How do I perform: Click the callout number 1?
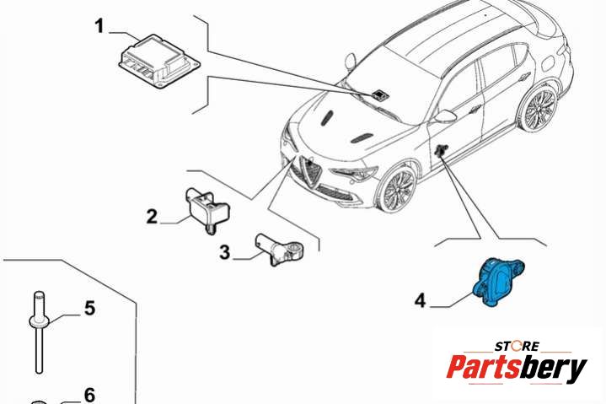click(x=99, y=27)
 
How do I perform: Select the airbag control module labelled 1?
click(x=158, y=61)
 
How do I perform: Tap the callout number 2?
click(x=152, y=217)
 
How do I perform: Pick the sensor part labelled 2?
click(x=206, y=210)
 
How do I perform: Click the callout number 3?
click(x=224, y=252)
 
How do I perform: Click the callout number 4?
click(x=420, y=300)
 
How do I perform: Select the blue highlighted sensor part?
click(x=497, y=283)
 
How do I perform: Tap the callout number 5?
click(x=89, y=309)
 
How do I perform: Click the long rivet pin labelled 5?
click(x=39, y=332)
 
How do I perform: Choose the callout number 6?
click(x=89, y=395)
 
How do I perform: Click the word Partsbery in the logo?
click(x=517, y=367)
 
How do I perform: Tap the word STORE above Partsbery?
click(x=517, y=346)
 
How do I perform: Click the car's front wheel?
click(x=398, y=188)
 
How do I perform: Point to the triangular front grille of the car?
click(x=310, y=172)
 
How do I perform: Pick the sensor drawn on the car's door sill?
click(x=441, y=149)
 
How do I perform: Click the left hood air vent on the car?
click(x=328, y=118)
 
